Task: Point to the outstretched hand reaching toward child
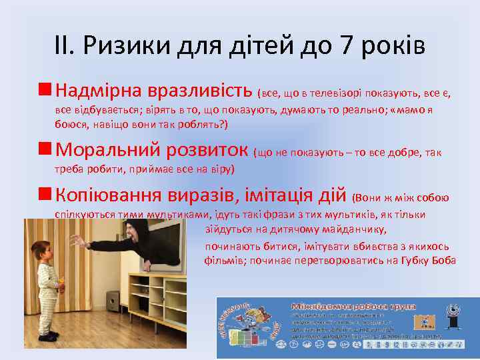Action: click(x=78, y=241)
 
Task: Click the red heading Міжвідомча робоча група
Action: click(x=353, y=306)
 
